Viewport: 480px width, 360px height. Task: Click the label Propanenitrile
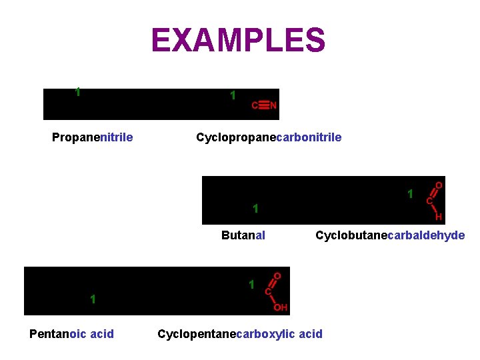point(92,137)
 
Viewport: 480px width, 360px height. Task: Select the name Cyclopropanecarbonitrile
point(269,137)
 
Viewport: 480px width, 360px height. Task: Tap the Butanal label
point(243,235)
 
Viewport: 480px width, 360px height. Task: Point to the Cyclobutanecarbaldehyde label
point(390,235)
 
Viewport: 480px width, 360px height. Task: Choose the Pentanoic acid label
point(71,333)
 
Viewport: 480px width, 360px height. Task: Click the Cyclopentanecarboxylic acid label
point(240,333)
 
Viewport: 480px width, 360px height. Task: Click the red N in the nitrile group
point(273,105)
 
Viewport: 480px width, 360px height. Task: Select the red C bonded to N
point(254,105)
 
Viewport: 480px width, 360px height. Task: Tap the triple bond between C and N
point(264,105)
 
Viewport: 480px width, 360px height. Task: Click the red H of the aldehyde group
point(439,217)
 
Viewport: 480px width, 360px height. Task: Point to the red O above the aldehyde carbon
point(439,185)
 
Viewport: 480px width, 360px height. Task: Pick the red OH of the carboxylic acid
point(281,307)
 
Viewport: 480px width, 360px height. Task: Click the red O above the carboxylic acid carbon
point(277,275)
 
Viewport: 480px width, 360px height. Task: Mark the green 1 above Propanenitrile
point(78,93)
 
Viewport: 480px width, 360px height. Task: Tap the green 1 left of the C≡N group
point(232,96)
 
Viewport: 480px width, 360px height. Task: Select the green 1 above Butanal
point(255,209)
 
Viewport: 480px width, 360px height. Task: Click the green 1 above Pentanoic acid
point(93,299)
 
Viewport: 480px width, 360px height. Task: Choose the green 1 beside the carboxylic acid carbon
point(251,285)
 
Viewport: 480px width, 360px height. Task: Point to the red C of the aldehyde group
point(429,200)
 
